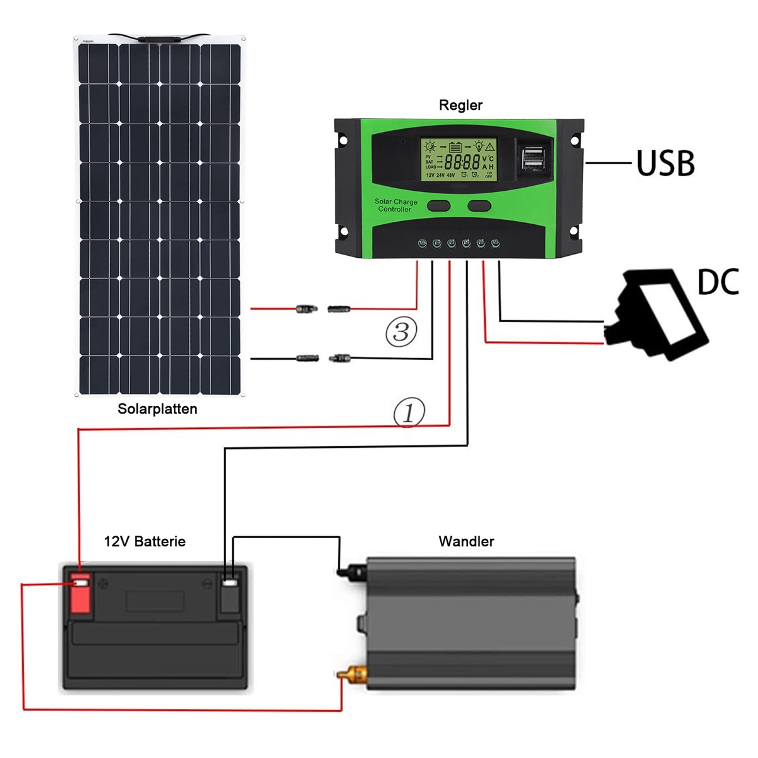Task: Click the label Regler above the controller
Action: point(460,105)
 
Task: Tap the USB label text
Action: point(665,163)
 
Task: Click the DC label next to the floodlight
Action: point(718,282)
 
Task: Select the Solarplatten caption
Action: point(157,409)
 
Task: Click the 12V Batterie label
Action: point(145,541)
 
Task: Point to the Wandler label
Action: point(466,541)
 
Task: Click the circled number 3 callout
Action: point(401,332)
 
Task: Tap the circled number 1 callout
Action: point(409,412)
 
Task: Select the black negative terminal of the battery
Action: point(229,594)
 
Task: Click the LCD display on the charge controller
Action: point(459,159)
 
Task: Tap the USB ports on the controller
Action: point(534,159)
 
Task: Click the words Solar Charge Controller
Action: point(395,205)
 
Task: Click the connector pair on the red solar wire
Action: point(323,309)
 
